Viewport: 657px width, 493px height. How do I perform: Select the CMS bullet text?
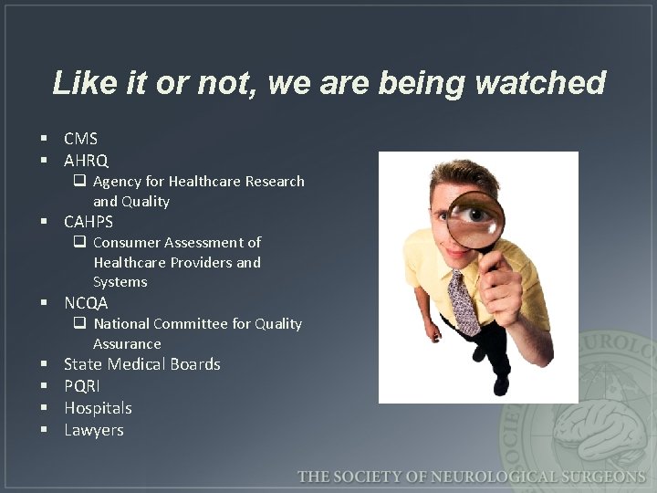pyautogui.click(x=80, y=139)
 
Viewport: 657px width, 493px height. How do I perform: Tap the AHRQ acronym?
pyautogui.click(x=86, y=161)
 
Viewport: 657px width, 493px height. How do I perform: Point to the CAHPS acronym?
pyautogui.click(x=89, y=222)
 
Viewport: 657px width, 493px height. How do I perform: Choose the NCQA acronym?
pyautogui.click(x=86, y=303)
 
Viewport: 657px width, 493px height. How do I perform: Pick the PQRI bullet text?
pyautogui.click(x=82, y=386)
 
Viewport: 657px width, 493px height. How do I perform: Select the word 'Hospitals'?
pyautogui.click(x=98, y=408)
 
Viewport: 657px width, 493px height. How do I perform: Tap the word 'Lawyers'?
pyautogui.click(x=93, y=430)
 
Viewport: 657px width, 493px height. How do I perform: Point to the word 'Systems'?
pyautogui.click(x=120, y=282)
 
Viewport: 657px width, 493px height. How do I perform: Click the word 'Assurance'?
pyautogui.click(x=127, y=344)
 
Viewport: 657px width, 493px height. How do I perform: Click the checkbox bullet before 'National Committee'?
pyautogui.click(x=80, y=324)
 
